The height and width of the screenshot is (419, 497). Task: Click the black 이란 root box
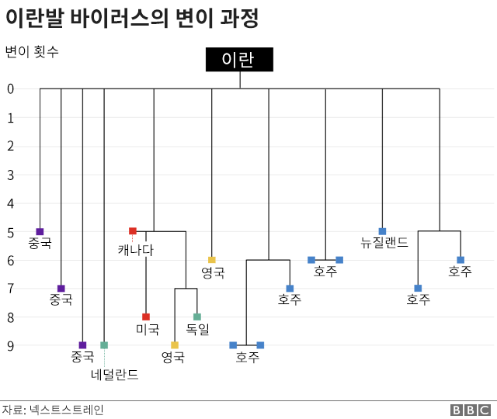click(239, 60)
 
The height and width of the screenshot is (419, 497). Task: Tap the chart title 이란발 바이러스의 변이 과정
click(132, 19)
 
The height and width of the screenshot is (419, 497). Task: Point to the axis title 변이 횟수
click(32, 52)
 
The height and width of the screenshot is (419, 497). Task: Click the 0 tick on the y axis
click(11, 89)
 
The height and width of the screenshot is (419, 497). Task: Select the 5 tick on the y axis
click(11, 232)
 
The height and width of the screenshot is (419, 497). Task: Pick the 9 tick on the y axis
click(11, 345)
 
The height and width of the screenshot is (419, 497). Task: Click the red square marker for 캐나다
click(133, 231)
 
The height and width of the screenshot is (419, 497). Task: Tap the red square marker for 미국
click(146, 317)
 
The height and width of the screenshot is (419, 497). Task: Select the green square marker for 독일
click(197, 317)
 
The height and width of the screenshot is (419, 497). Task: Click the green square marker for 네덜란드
click(104, 345)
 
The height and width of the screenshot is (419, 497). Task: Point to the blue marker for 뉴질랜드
click(382, 231)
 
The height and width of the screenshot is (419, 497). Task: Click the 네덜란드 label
click(115, 375)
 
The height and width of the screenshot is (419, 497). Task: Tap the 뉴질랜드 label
click(384, 242)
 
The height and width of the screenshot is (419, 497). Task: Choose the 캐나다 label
click(136, 250)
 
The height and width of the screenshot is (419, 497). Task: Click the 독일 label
click(197, 329)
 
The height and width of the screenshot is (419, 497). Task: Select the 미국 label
click(148, 329)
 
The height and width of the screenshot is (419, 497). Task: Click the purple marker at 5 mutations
click(40, 231)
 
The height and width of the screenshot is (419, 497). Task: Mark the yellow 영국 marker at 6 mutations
click(212, 260)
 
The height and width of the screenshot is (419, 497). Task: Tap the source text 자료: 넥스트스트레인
click(53, 410)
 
